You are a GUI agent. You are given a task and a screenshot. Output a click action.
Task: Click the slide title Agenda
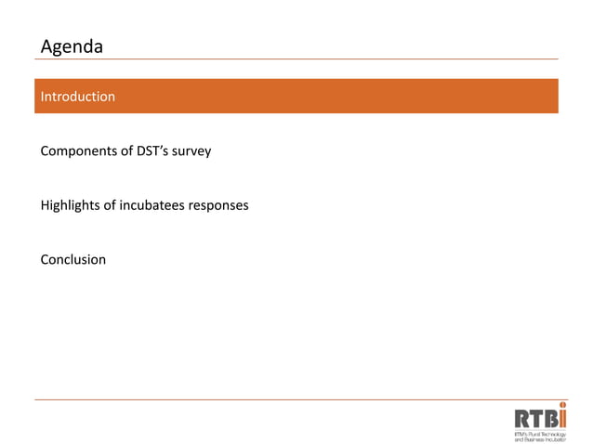click(x=72, y=46)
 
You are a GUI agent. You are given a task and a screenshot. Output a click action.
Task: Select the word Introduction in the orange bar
click(x=78, y=97)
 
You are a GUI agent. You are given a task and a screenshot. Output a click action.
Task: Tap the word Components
click(x=79, y=150)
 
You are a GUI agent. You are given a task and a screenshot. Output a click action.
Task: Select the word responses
click(x=218, y=204)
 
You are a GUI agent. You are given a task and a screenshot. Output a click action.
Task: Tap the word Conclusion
click(x=73, y=259)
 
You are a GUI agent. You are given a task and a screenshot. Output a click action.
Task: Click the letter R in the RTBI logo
click(x=522, y=420)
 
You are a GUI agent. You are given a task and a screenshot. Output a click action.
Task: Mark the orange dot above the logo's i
click(x=562, y=405)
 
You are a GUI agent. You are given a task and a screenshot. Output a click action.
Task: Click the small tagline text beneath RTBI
click(x=539, y=435)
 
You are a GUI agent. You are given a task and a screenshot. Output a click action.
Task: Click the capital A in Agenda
click(x=46, y=46)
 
